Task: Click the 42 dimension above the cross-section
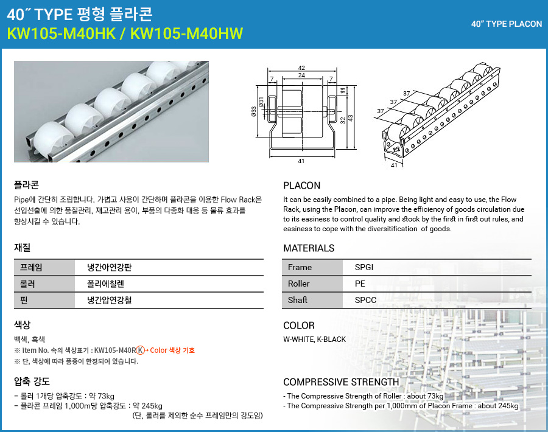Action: point(301,68)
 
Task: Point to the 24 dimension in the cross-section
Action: point(301,75)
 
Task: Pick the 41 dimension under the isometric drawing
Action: point(393,165)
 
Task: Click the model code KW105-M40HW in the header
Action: point(191,33)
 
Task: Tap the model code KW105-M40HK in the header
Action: point(60,33)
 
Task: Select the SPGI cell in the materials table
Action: point(365,267)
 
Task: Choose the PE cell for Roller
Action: point(360,284)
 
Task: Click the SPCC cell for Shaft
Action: point(365,300)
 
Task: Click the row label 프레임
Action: point(32,267)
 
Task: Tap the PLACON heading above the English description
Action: point(301,186)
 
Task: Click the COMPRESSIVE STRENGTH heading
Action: point(341,382)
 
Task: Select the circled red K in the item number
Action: point(141,350)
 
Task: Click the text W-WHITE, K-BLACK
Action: point(314,339)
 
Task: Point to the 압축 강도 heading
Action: point(32,381)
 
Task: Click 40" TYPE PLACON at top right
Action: point(507,24)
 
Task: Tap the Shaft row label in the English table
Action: point(298,300)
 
